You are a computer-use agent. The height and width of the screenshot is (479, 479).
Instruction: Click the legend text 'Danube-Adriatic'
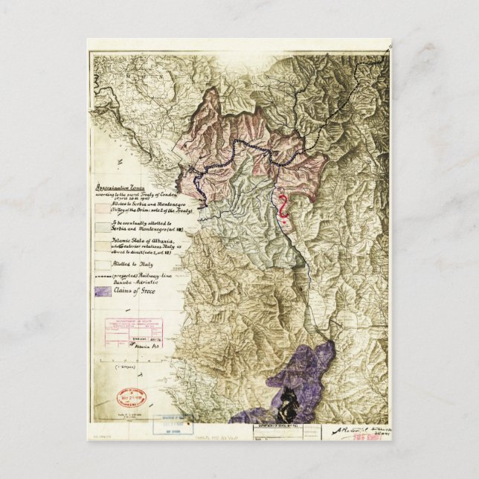136,283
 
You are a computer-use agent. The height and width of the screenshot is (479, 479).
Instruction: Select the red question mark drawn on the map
283,208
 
